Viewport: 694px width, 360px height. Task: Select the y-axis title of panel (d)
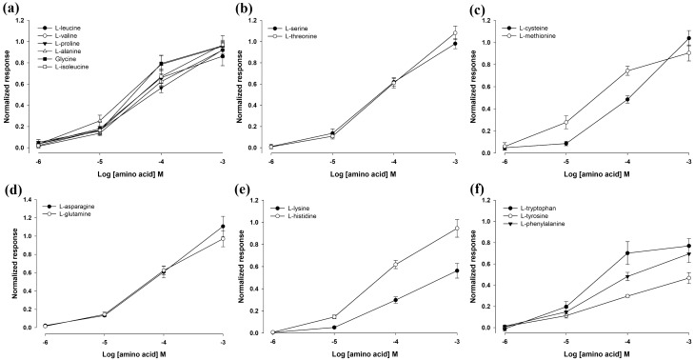(8, 264)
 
